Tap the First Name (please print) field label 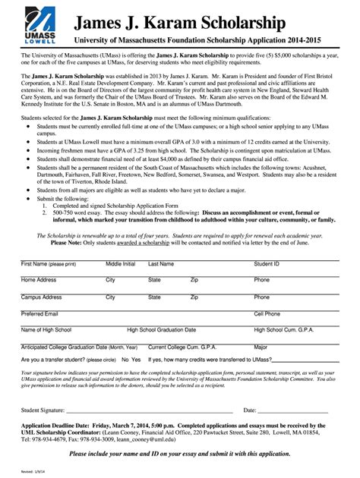[x=49, y=264]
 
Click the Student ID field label [x=267, y=264]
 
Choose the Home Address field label [x=39, y=280]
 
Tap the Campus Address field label [x=42, y=297]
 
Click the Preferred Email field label [x=39, y=313]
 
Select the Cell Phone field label [x=267, y=313]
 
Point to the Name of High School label [x=46, y=330]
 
